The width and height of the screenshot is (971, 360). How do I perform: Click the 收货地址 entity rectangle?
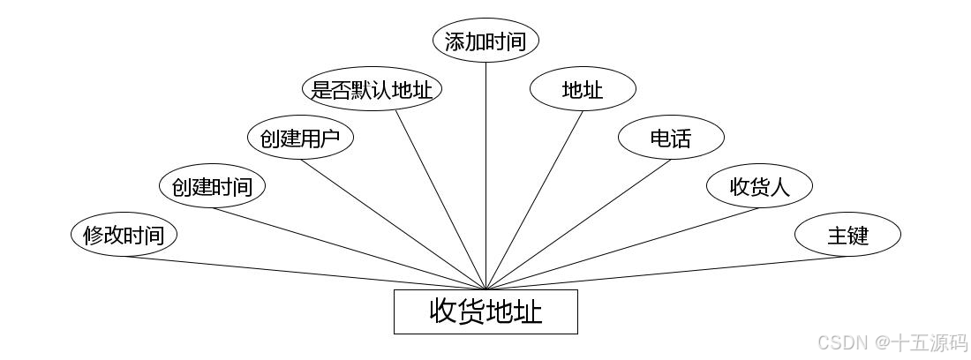point(485,311)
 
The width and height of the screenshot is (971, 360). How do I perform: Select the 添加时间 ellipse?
point(485,41)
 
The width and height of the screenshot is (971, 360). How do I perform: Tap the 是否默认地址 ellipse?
point(372,89)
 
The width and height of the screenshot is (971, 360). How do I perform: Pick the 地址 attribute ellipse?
point(583,89)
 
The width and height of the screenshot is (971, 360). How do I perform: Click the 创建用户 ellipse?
point(300,138)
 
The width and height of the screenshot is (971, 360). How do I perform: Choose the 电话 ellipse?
point(671,138)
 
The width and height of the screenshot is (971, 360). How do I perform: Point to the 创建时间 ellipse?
point(212,186)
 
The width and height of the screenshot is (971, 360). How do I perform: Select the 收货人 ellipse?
point(759,186)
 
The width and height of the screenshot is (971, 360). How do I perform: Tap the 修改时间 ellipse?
point(124,236)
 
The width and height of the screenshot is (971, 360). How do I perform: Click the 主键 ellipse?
point(847,236)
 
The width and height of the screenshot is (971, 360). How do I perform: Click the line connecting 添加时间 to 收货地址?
point(485,176)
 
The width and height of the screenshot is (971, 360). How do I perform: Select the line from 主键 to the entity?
point(666,273)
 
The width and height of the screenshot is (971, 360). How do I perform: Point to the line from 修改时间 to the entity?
point(305,273)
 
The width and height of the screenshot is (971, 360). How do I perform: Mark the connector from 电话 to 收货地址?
point(578,224)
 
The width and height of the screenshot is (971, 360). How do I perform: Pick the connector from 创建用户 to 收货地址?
point(393,224)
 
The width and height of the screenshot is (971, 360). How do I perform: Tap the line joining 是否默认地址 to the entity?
point(440,199)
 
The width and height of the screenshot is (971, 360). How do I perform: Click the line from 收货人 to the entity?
point(622,248)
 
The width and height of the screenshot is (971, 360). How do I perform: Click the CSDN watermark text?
point(892,342)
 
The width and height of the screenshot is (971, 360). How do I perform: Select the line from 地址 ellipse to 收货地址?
point(534,199)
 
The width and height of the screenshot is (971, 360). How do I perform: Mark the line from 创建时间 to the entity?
point(349,248)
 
